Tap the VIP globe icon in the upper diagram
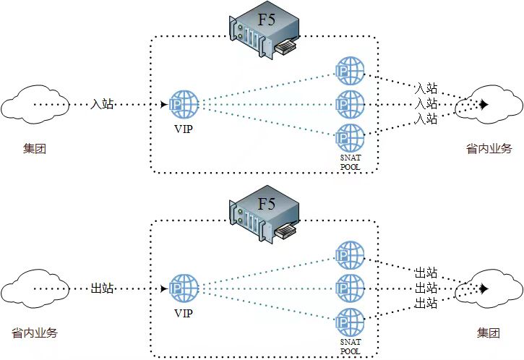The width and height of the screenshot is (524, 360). (184, 105)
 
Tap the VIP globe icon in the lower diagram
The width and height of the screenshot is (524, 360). (184, 289)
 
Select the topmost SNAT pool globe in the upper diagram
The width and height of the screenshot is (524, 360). (350, 71)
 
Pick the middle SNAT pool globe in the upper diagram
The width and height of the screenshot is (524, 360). (350, 105)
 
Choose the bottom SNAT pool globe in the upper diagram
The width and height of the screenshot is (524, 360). (350, 138)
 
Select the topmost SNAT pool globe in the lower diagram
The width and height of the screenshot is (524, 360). (350, 255)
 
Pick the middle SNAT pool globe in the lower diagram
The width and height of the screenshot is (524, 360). (350, 289)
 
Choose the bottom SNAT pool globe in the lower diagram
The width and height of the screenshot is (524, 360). (350, 322)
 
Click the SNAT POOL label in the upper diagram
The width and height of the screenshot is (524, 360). (351, 162)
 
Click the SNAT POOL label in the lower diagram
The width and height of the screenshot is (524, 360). (351, 347)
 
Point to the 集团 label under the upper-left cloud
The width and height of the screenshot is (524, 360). (35, 149)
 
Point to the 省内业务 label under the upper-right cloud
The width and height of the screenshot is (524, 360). (489, 149)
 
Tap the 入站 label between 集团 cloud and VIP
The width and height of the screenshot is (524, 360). (102, 105)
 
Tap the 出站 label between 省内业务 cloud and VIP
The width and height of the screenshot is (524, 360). (102, 288)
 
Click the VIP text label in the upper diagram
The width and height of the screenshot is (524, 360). (184, 129)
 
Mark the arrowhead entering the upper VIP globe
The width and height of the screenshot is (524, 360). (164, 105)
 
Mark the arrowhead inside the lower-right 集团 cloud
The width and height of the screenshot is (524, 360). (484, 288)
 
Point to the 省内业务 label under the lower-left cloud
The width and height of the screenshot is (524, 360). (35, 333)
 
